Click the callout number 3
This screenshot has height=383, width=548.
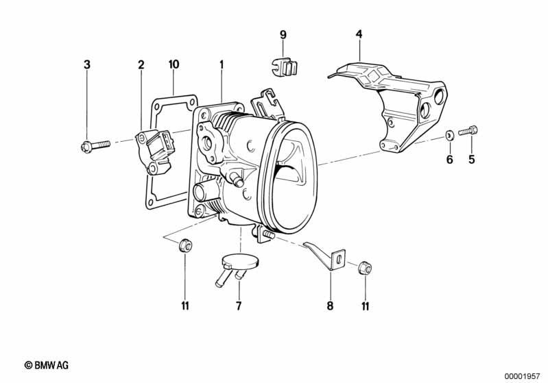click(87, 64)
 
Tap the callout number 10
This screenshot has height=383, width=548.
click(174, 64)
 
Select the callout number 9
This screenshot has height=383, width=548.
click(283, 34)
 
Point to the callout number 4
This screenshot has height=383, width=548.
click(359, 34)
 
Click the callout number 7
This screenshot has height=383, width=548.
click(239, 306)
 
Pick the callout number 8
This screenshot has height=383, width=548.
click(331, 306)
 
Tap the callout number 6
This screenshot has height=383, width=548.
click(450, 160)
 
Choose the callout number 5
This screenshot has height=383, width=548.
click(472, 160)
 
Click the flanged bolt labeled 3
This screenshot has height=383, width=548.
click(95, 145)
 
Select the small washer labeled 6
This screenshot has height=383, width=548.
click(449, 134)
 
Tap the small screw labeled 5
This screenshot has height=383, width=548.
click(468, 131)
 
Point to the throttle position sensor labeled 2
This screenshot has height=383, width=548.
click(154, 151)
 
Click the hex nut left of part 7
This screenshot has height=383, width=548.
click(185, 245)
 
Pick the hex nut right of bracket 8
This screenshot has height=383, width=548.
click(365, 268)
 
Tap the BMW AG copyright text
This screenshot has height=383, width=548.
click(47, 365)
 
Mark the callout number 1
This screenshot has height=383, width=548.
click(222, 64)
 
